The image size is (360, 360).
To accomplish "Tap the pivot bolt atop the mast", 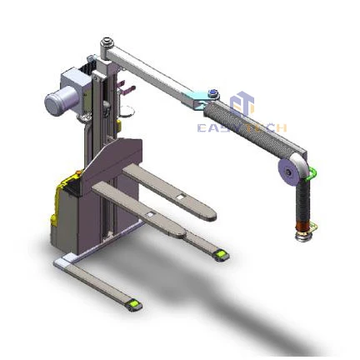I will tap(106, 42).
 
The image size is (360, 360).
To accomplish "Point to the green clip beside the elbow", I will tap(313, 173).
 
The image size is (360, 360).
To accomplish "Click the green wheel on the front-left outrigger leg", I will tap(133, 304).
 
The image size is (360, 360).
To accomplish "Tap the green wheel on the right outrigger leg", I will tap(222, 253).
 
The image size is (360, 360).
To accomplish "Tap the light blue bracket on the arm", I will tap(200, 99).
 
